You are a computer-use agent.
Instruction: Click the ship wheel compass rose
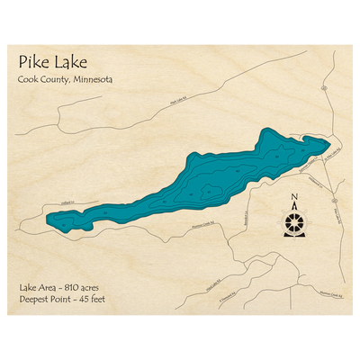294,221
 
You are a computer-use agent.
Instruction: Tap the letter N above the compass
294,199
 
